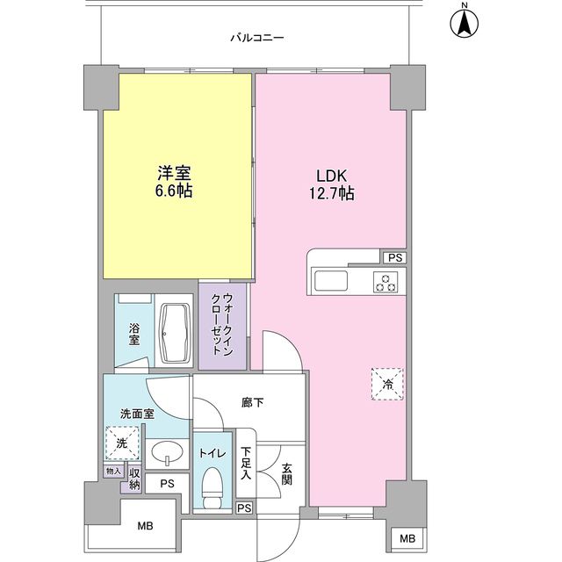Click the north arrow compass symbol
[x=464, y=23]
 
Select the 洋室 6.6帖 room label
[x=175, y=182]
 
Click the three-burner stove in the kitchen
[x=385, y=282]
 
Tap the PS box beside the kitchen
[x=393, y=257]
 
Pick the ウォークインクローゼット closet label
[x=221, y=323]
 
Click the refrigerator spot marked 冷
[x=387, y=383]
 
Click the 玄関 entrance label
[x=287, y=474]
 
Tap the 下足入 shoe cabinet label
[x=247, y=464]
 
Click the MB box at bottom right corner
[x=407, y=538]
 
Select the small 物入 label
[x=113, y=472]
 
